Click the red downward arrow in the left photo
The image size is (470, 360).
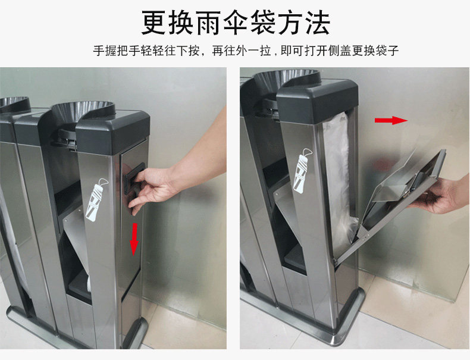[x=134, y=239]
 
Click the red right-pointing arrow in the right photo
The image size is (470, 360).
[x=391, y=120]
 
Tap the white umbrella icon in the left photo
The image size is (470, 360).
[x=96, y=199]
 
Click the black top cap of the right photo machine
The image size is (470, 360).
[x=317, y=101]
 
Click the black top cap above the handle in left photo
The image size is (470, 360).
[x=112, y=132]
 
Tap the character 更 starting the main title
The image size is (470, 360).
[x=153, y=23]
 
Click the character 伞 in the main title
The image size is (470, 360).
[x=236, y=23]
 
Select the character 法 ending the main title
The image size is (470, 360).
[x=318, y=23]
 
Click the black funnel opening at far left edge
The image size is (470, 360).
[x=14, y=104]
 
